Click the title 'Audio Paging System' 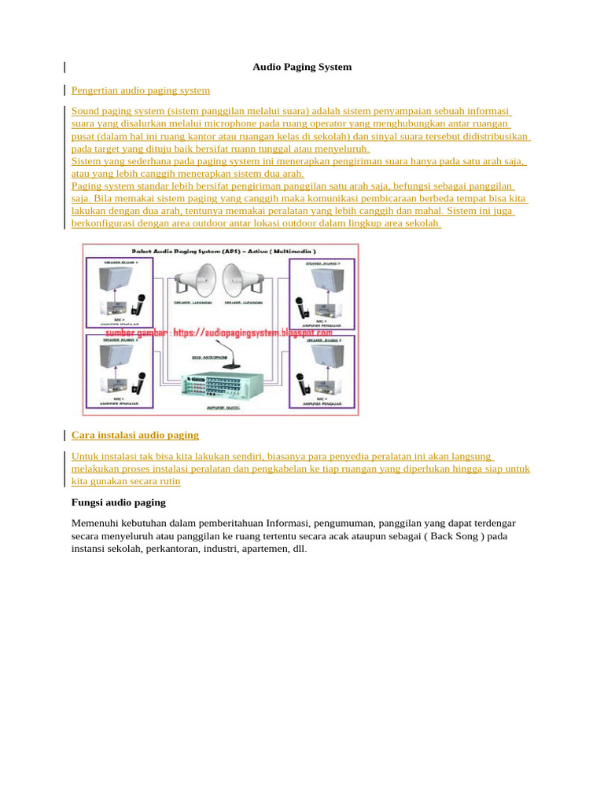coord(302,67)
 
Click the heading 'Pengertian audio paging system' coord(141,90)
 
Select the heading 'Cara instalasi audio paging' coord(135,435)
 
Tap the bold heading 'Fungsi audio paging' coord(119,502)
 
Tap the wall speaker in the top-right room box coord(326,281)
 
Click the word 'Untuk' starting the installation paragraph coord(85,456)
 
